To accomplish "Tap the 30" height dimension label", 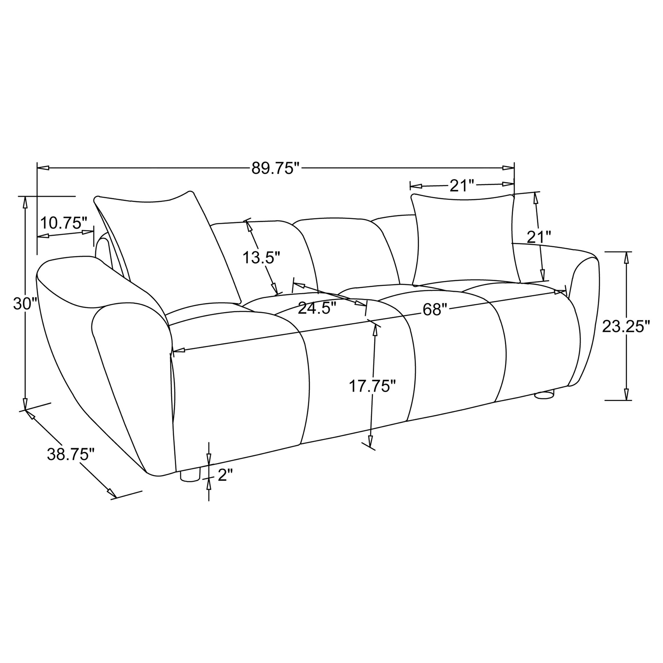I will pos(25,304).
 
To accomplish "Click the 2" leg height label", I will pos(225,476).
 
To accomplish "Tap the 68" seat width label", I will pos(435,310).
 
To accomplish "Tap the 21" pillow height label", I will pos(539,237).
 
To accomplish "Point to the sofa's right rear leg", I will pos(544,394).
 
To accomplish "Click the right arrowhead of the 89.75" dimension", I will pos(508,168).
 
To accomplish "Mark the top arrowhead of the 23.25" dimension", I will pos(627,257).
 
